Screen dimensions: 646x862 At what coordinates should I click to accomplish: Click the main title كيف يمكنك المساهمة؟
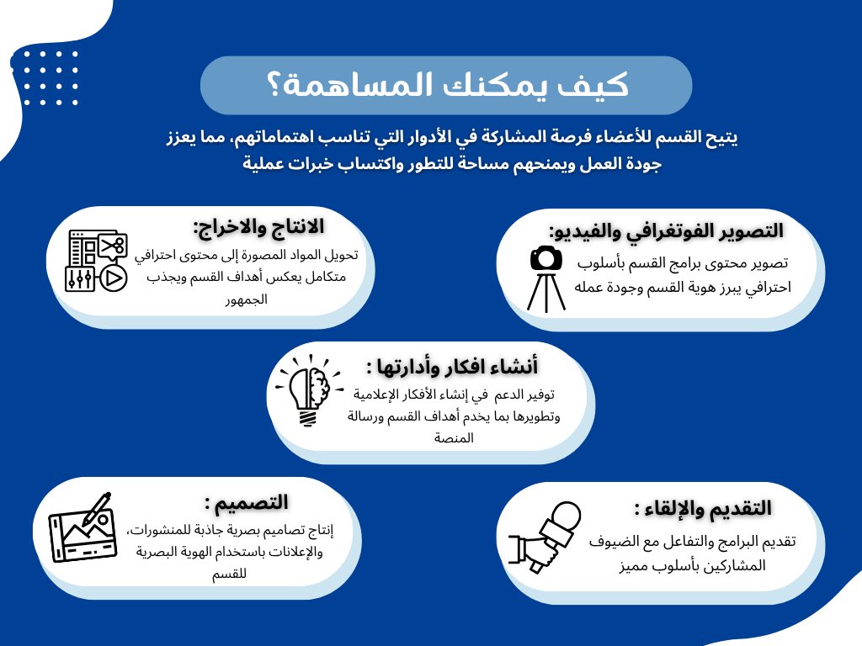[x=445, y=86]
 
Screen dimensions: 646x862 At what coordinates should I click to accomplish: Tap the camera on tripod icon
[x=546, y=278]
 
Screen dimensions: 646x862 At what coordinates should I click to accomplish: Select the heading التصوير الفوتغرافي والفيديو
[x=666, y=230]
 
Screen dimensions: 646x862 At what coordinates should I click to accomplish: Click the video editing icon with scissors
[x=96, y=262]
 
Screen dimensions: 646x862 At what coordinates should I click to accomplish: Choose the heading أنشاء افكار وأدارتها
[x=452, y=367]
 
